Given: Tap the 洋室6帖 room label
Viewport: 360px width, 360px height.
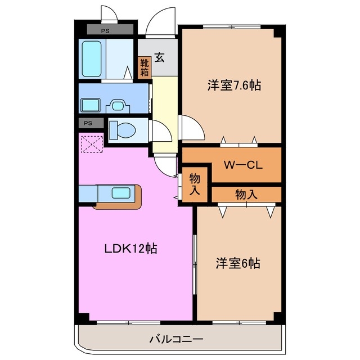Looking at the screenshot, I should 238,263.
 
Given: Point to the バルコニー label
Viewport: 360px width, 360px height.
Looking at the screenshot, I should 176,339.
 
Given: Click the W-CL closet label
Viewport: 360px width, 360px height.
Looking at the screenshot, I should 243,165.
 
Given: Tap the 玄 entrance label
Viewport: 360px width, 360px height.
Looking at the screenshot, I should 160,57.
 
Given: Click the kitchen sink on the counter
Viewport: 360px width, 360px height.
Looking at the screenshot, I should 121,193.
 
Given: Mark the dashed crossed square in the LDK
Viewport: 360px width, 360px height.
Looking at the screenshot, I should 92,144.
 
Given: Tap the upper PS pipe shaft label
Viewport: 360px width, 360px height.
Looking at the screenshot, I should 105,30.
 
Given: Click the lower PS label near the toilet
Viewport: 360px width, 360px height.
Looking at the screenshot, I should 88,123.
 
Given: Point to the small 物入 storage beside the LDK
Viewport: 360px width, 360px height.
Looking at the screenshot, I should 195,184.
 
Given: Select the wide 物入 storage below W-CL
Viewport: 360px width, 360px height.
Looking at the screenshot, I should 246,195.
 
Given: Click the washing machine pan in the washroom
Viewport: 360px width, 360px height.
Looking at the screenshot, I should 91,105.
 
